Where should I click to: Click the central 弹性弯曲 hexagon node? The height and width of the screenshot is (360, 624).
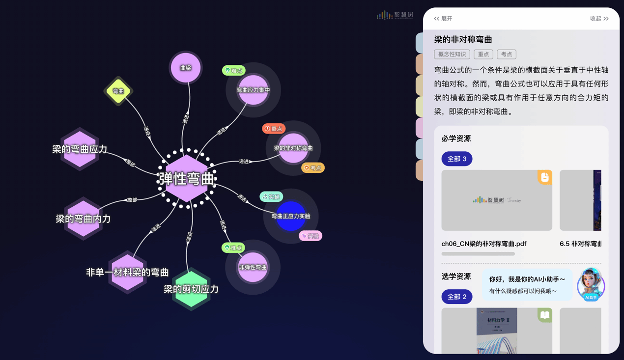click(x=186, y=179)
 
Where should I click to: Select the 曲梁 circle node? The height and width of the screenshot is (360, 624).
click(x=186, y=68)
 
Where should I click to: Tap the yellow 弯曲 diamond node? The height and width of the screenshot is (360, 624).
click(x=118, y=91)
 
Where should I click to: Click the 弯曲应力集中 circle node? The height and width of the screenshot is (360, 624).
click(x=253, y=90)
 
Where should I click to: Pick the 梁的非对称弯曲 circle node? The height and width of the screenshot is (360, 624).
click(x=293, y=148)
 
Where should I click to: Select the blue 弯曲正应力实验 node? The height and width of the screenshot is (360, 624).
click(x=291, y=216)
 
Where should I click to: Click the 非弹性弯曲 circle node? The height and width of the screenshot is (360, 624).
click(x=253, y=267)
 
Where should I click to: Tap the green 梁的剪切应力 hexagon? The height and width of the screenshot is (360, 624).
click(x=191, y=289)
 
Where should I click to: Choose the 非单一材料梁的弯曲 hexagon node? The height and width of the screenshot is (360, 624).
click(x=127, y=272)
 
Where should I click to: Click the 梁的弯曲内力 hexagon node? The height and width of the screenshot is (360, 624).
click(x=83, y=219)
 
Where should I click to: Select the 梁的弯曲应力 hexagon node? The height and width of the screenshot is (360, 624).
click(x=80, y=149)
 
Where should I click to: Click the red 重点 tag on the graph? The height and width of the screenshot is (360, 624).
click(x=274, y=129)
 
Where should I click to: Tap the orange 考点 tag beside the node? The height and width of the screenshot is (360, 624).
click(x=313, y=168)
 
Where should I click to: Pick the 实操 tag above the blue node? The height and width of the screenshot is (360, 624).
click(x=271, y=197)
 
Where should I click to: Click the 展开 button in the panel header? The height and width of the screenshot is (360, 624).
click(x=443, y=19)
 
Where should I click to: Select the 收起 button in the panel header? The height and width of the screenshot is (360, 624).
click(x=599, y=19)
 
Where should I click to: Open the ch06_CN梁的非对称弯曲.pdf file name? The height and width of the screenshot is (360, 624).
click(x=483, y=244)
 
